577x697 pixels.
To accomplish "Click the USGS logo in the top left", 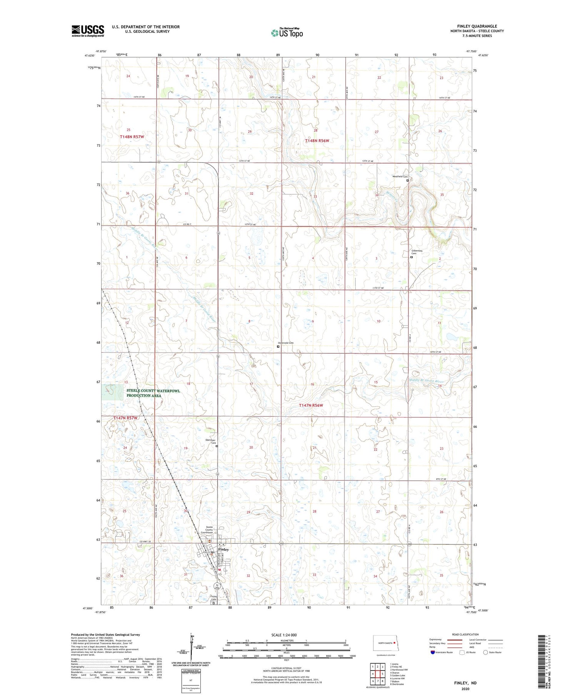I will tap(88, 31).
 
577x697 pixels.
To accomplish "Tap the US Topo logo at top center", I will tap(287, 33).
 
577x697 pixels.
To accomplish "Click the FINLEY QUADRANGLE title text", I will tap(477, 26).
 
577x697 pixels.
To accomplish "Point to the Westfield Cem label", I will tap(400, 176).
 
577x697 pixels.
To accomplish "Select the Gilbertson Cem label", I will tap(417, 252).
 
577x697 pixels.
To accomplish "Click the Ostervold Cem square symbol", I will tap(278, 346).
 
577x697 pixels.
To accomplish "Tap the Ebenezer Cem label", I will tap(210, 441).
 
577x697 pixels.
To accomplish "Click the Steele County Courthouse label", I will tap(209, 530).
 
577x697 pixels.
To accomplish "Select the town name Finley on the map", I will tap(223, 549).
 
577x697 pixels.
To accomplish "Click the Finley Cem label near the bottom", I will tap(214, 598).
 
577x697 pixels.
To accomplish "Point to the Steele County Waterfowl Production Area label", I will tap(153, 393).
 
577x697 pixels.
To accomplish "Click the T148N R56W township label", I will tap(317, 141).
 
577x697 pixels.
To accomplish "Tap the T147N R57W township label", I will tap(125, 418).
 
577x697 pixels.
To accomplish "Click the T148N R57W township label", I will tap(132, 137).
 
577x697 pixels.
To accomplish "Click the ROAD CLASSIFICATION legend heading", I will tap(465, 634).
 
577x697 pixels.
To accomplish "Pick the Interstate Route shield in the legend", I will tap(433, 652).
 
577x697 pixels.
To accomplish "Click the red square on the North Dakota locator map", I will tap(394, 642).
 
